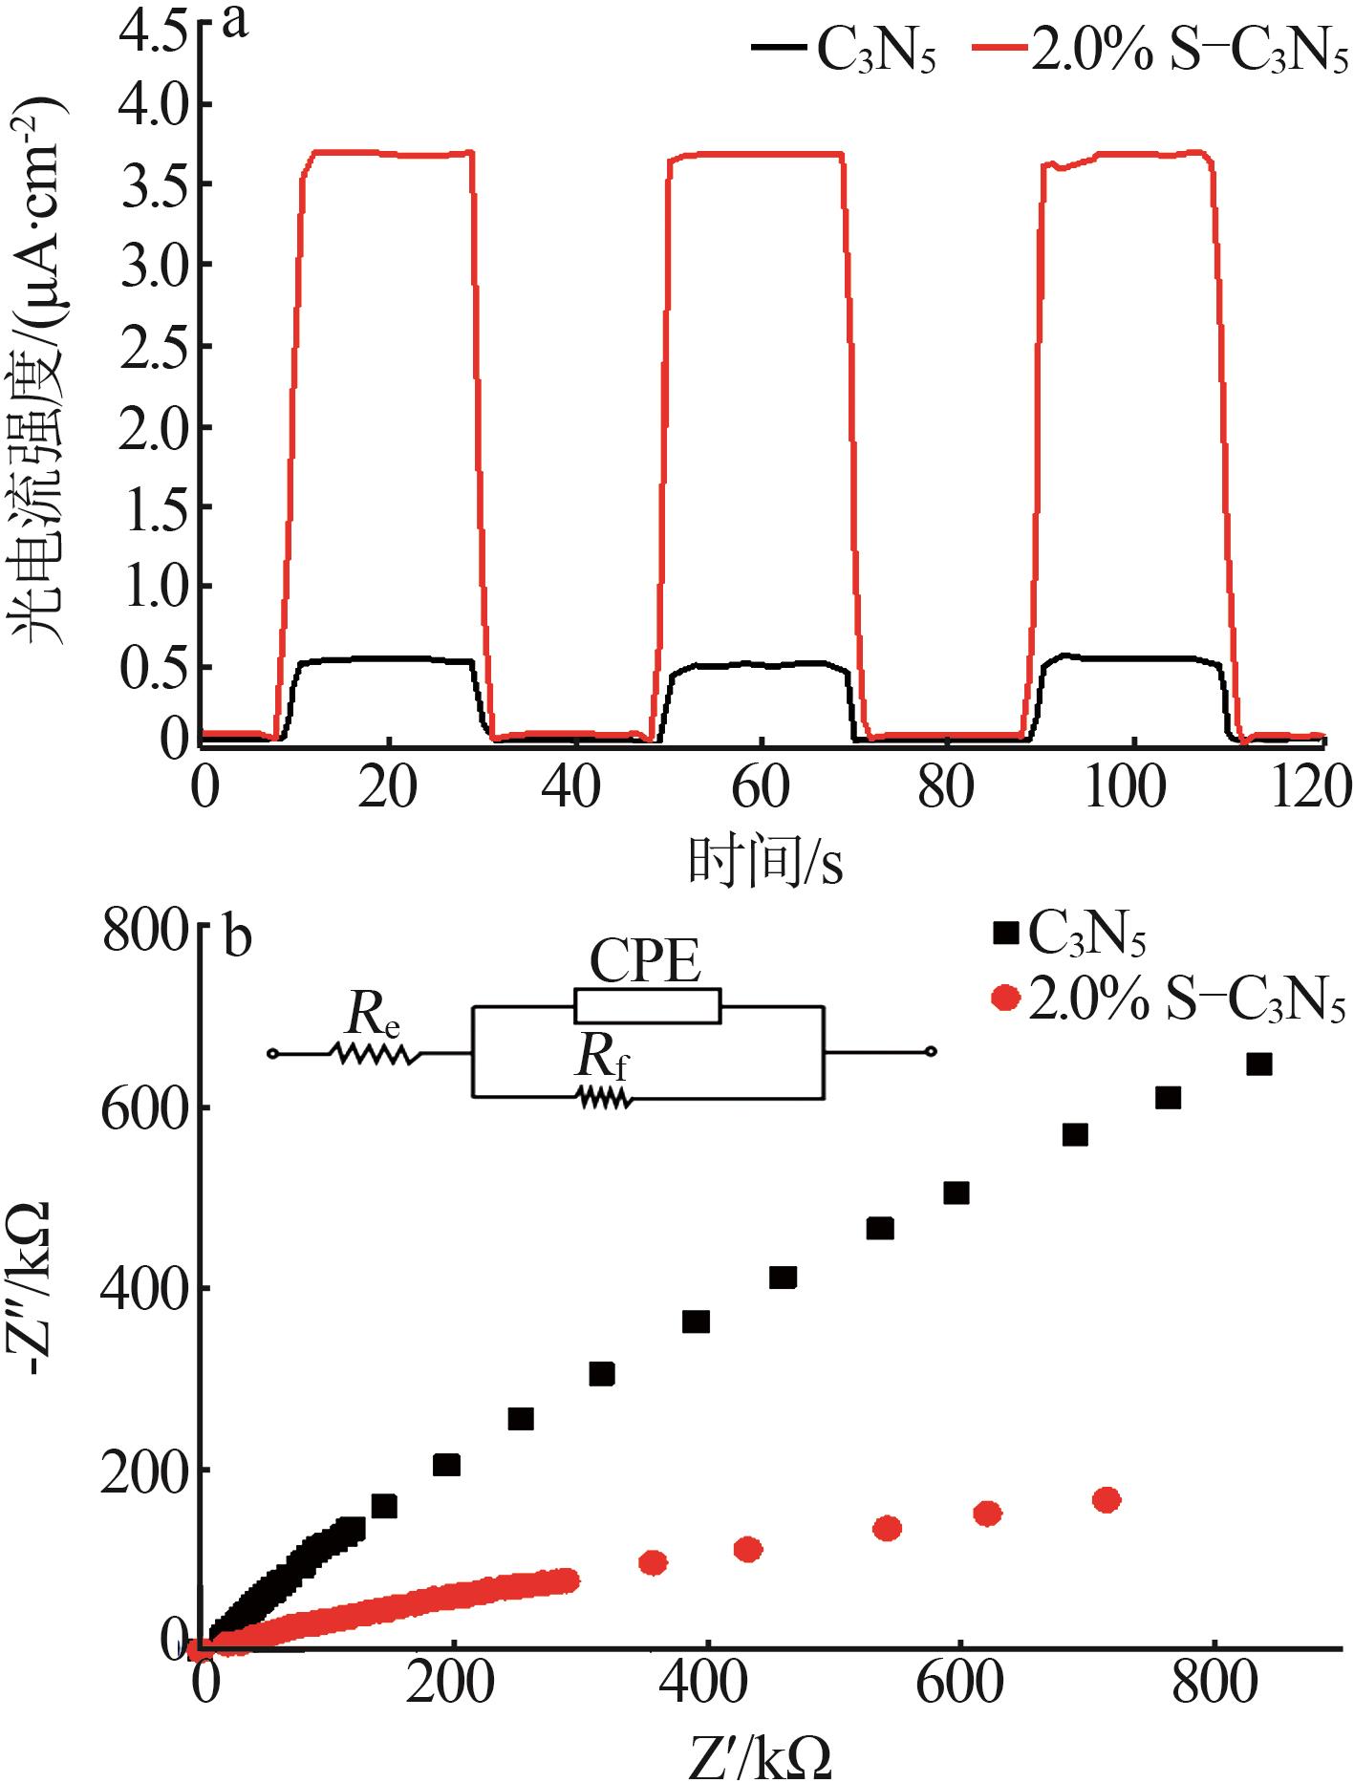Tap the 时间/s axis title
[764, 861]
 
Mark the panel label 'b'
[237, 937]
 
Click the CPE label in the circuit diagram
[645, 961]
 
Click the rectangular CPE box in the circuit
[647, 1006]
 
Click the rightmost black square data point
[1259, 1064]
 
